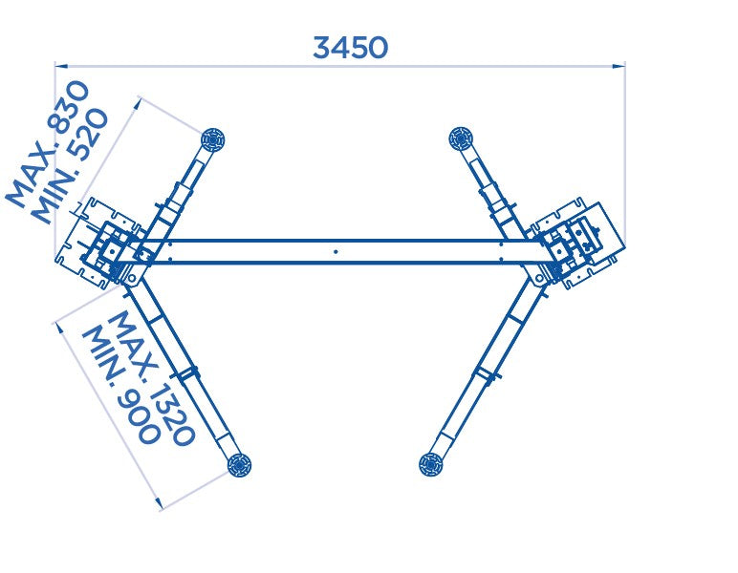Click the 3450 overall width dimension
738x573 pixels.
point(351,48)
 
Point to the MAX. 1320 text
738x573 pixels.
point(152,378)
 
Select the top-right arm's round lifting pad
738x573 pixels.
point(461,138)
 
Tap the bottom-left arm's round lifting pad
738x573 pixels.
point(238,465)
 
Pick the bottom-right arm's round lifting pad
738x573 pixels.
point(432,464)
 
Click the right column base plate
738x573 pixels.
point(583,244)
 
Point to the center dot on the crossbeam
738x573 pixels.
point(336,252)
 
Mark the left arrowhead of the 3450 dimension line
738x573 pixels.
point(60,66)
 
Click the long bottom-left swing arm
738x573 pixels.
point(186,368)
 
